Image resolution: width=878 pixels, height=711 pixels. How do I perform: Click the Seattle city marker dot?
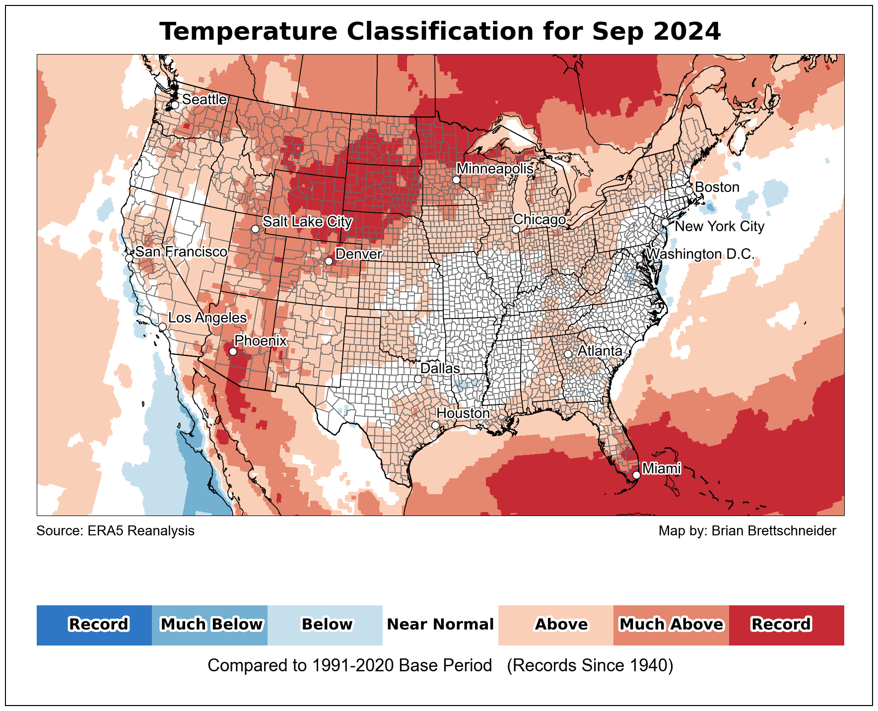click(x=175, y=105)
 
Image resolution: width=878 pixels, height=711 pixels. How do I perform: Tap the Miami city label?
click(x=661, y=468)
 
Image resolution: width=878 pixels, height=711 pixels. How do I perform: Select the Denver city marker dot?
click(x=329, y=261)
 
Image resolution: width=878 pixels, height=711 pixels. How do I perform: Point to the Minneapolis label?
click(x=495, y=169)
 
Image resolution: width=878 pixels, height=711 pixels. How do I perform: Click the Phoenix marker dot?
click(x=233, y=352)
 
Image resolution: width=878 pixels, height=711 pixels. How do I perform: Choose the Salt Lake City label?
click(x=307, y=221)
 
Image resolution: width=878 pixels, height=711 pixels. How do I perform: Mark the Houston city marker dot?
click(x=435, y=425)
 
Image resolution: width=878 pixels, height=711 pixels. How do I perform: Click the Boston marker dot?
click(x=689, y=191)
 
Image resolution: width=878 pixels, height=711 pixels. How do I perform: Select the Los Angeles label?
click(x=207, y=318)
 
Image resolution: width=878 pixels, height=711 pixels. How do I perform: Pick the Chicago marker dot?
click(x=516, y=229)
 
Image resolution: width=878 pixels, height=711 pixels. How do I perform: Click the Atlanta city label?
click(x=600, y=351)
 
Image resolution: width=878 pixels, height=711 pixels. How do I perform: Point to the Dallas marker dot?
click(x=418, y=379)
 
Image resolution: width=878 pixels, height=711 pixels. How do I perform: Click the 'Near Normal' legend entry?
click(x=440, y=625)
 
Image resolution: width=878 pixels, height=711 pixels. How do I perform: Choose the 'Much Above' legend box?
click(x=671, y=625)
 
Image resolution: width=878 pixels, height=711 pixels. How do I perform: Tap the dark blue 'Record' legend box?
click(x=94, y=625)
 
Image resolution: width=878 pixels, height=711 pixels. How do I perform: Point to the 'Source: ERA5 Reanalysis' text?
click(x=115, y=531)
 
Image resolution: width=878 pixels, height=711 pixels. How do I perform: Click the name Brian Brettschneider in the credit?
click(x=774, y=531)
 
